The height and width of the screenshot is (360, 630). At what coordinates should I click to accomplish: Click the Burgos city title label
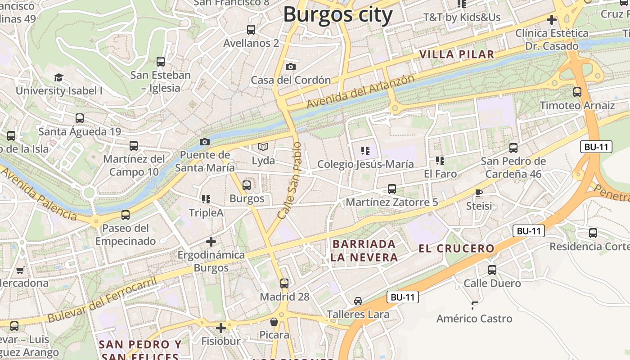[x=337, y=14]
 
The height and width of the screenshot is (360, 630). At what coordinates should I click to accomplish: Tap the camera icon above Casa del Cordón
[x=291, y=67]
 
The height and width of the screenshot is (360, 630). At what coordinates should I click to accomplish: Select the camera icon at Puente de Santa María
[x=205, y=142]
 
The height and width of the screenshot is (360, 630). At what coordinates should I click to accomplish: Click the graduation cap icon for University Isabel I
[x=58, y=77]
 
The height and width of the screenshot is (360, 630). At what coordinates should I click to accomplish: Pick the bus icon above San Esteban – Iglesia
[x=161, y=62]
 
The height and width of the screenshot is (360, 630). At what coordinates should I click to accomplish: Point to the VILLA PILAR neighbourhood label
[x=457, y=54]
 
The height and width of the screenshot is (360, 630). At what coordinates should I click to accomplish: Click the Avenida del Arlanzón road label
[x=360, y=91]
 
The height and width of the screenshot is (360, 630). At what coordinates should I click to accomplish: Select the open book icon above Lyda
[x=263, y=147]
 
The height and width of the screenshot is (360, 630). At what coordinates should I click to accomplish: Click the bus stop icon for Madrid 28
[x=284, y=283]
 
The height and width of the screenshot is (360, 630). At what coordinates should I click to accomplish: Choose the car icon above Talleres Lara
[x=358, y=301]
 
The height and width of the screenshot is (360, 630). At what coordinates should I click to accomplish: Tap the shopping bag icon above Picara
[x=274, y=322]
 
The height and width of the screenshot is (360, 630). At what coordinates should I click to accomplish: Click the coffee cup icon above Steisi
[x=479, y=193]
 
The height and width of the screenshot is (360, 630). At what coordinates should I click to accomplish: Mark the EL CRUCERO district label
[x=456, y=248]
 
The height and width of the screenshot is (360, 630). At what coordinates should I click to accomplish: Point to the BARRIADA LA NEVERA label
[x=364, y=251]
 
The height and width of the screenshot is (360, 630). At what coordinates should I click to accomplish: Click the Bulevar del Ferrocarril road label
[x=102, y=300]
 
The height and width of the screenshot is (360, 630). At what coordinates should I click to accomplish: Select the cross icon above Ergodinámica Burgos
[x=211, y=242]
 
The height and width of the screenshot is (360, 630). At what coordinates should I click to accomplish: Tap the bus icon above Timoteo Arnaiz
[x=577, y=92]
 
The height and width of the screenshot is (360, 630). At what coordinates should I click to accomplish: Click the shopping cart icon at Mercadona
[x=20, y=270]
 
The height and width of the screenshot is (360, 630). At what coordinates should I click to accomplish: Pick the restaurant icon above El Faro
[x=440, y=160]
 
